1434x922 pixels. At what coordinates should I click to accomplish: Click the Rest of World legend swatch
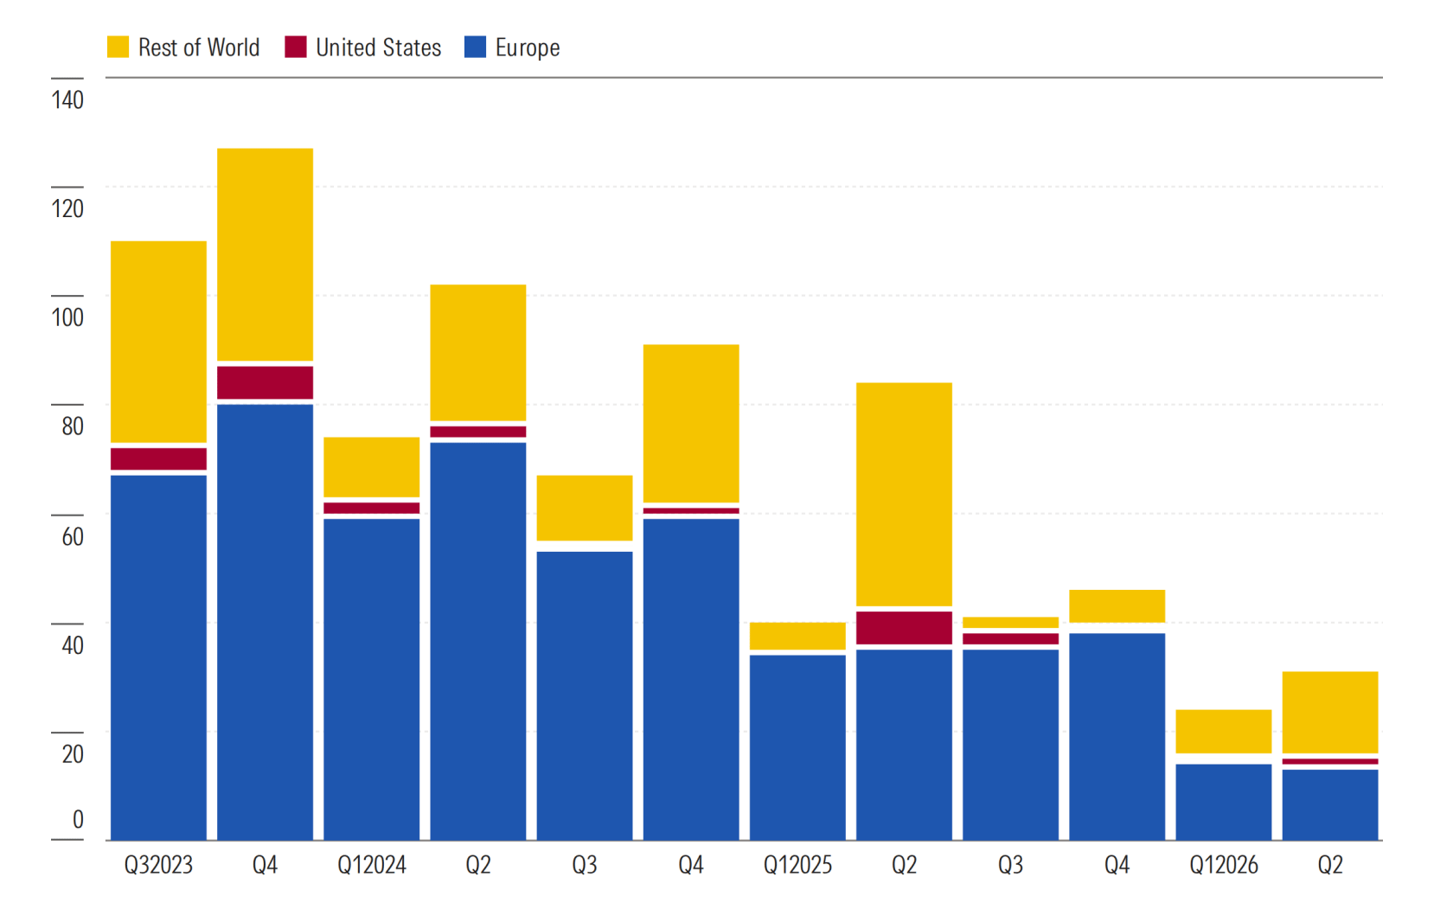[x=118, y=47]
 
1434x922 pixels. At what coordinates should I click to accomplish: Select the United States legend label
[x=378, y=48]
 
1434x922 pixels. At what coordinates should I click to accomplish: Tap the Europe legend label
[x=528, y=48]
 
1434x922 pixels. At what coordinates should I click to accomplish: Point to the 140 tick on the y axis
[x=67, y=99]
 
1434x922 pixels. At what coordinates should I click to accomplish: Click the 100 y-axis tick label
[x=67, y=317]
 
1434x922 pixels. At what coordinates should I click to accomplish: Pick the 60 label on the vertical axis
[x=73, y=536]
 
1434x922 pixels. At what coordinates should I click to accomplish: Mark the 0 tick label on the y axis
[x=78, y=819]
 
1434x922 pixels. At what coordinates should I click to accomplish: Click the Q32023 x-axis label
[x=158, y=865]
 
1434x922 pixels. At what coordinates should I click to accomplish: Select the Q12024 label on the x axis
[x=371, y=865]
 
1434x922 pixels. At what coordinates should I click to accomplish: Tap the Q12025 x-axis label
[x=797, y=865]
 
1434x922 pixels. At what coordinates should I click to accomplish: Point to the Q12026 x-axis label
[x=1223, y=865]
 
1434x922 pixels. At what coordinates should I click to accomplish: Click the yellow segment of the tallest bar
[x=265, y=255]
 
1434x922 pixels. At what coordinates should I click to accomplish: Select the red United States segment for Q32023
[x=159, y=459]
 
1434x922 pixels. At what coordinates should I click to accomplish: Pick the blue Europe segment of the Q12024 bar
[x=371, y=679]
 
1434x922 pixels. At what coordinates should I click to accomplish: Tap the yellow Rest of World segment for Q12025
[x=797, y=636]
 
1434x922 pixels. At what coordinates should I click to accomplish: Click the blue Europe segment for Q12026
[x=1223, y=803]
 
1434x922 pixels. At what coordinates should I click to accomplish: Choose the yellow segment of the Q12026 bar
[x=1223, y=731]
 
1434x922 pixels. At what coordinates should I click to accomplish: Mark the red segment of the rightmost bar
[x=1330, y=761]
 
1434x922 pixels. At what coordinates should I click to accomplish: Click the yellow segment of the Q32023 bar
[x=159, y=342]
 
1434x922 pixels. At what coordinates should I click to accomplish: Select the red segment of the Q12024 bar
[x=371, y=508]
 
